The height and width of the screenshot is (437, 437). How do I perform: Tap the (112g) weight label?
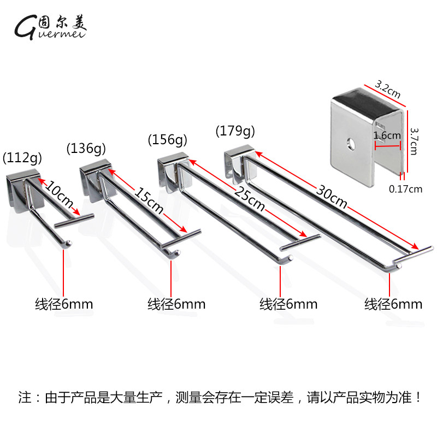[x=22, y=159]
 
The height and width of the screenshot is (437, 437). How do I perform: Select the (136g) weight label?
[x=86, y=147]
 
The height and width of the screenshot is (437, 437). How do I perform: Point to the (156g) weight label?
[x=167, y=139]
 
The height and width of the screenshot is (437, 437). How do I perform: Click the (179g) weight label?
[x=235, y=131]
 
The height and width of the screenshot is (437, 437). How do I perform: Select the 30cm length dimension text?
[x=331, y=195]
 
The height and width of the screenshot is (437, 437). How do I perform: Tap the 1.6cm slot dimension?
[x=385, y=135]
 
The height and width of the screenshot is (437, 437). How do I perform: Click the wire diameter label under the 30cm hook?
[x=393, y=304]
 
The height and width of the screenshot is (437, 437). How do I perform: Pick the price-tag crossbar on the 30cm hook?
[x=414, y=253]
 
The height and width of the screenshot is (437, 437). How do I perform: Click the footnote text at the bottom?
[x=218, y=397]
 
